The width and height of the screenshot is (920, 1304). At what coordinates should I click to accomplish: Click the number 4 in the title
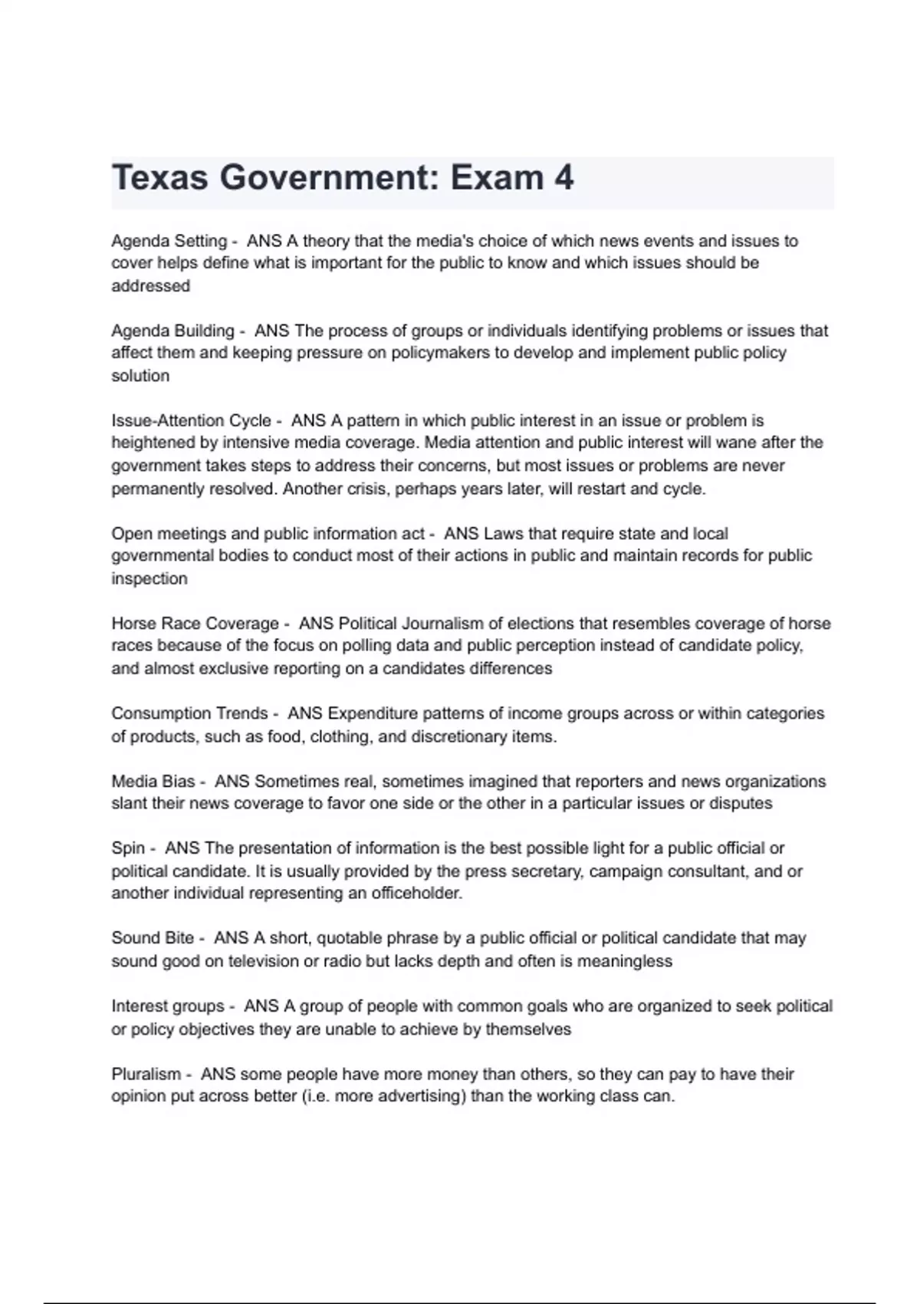pos(563,178)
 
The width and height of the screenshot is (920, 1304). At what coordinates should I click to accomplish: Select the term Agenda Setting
pos(169,241)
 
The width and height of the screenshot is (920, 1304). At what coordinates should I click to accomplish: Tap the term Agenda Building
pos(172,331)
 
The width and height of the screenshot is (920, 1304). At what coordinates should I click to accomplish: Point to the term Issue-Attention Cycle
pos(191,420)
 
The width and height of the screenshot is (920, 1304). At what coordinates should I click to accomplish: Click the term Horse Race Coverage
pos(195,623)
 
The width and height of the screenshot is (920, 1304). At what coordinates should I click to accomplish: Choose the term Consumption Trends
pos(189,713)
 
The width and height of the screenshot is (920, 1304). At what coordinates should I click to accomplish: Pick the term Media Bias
pos(153,781)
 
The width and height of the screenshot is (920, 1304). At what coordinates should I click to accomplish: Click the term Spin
pos(128,848)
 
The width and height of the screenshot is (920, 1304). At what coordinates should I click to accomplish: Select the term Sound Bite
pos(153,938)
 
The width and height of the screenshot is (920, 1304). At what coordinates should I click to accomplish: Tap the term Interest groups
pos(168,1006)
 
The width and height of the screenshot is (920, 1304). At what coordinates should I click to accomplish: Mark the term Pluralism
pos(146,1074)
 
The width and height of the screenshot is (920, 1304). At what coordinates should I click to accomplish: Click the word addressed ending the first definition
pos(150,286)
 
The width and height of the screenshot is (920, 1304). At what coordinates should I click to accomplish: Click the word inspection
pos(149,578)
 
